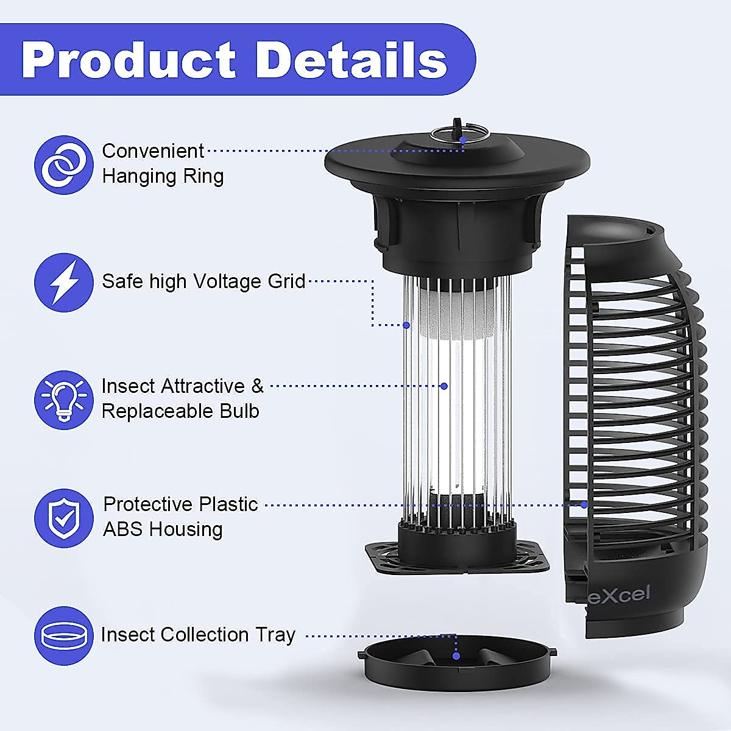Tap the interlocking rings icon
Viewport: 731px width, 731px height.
point(64,164)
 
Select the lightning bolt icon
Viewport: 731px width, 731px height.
point(64,282)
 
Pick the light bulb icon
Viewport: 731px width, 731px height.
point(64,400)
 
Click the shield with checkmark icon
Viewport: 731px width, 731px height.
point(64,517)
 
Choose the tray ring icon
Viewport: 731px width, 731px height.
point(64,635)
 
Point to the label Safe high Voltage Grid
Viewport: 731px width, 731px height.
point(203,281)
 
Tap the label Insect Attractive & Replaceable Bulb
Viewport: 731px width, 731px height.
point(182,398)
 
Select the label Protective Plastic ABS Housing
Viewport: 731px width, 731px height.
point(180,517)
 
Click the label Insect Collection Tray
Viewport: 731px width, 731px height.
point(198,635)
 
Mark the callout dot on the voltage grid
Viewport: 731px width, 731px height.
point(406,325)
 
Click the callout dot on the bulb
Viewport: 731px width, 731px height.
point(444,386)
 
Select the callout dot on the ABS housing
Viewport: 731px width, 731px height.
point(584,504)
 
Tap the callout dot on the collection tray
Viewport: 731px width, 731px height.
point(456,656)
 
